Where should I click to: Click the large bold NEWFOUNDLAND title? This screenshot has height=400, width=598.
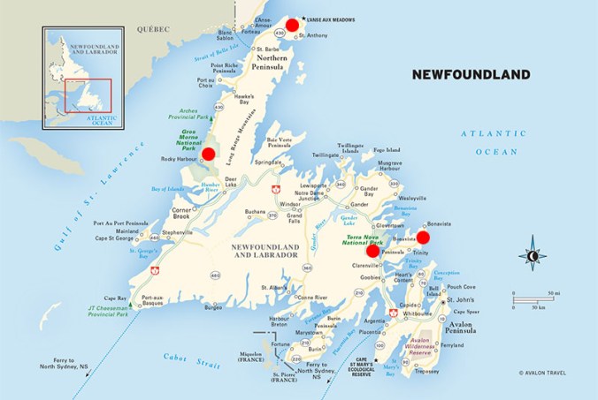click(x=471, y=74)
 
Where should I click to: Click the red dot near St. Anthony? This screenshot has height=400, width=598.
click(x=292, y=25)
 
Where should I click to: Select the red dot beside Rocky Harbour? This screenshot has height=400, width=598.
click(x=208, y=154)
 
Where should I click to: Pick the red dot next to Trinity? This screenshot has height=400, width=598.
click(x=423, y=237)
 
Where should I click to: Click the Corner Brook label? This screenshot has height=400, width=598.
click(x=182, y=213)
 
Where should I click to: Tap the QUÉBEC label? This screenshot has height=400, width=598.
click(x=152, y=29)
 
